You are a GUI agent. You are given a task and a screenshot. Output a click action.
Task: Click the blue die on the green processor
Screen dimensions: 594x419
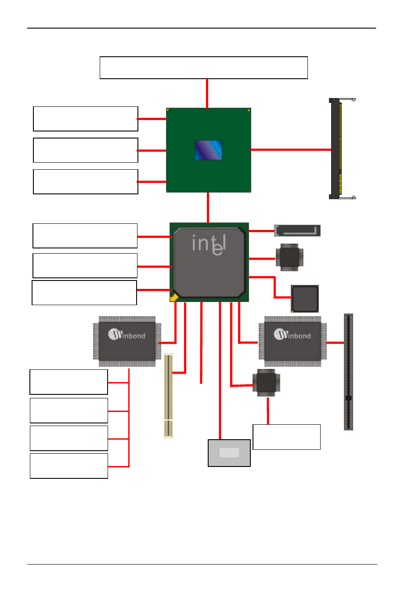[209, 150]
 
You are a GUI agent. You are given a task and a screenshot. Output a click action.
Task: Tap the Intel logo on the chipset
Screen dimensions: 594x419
[209, 245]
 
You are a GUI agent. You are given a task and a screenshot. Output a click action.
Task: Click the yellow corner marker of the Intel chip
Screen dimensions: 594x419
[174, 298]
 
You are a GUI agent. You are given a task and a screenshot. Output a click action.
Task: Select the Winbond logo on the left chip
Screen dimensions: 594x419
[126, 335]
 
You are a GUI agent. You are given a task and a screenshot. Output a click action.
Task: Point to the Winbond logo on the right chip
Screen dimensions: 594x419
[292, 335]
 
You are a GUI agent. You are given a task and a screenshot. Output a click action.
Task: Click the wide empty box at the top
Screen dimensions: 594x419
[203, 68]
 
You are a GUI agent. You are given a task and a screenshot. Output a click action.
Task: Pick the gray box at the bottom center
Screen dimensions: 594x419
[229, 453]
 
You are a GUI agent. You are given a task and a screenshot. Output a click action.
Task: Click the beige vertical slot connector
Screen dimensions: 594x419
[168, 395]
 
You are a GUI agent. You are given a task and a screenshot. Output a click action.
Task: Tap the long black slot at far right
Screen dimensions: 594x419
[348, 372]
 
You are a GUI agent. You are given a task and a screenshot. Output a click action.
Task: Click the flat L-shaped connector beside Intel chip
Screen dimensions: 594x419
[297, 230]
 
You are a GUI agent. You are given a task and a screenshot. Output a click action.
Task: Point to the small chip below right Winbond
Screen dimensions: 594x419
[266, 383]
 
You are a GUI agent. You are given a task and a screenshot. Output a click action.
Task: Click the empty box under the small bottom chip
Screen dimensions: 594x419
[286, 437]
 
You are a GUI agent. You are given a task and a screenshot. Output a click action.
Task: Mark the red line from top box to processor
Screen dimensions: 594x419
[207, 93]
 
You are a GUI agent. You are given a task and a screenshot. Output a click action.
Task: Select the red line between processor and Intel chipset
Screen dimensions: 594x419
[208, 208]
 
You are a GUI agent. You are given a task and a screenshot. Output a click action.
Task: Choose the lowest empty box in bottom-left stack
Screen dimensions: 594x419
[69, 466]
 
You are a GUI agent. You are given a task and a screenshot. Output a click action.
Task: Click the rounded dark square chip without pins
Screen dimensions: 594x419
[305, 299]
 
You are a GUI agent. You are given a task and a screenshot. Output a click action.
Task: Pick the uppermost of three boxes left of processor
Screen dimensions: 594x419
[86, 119]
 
